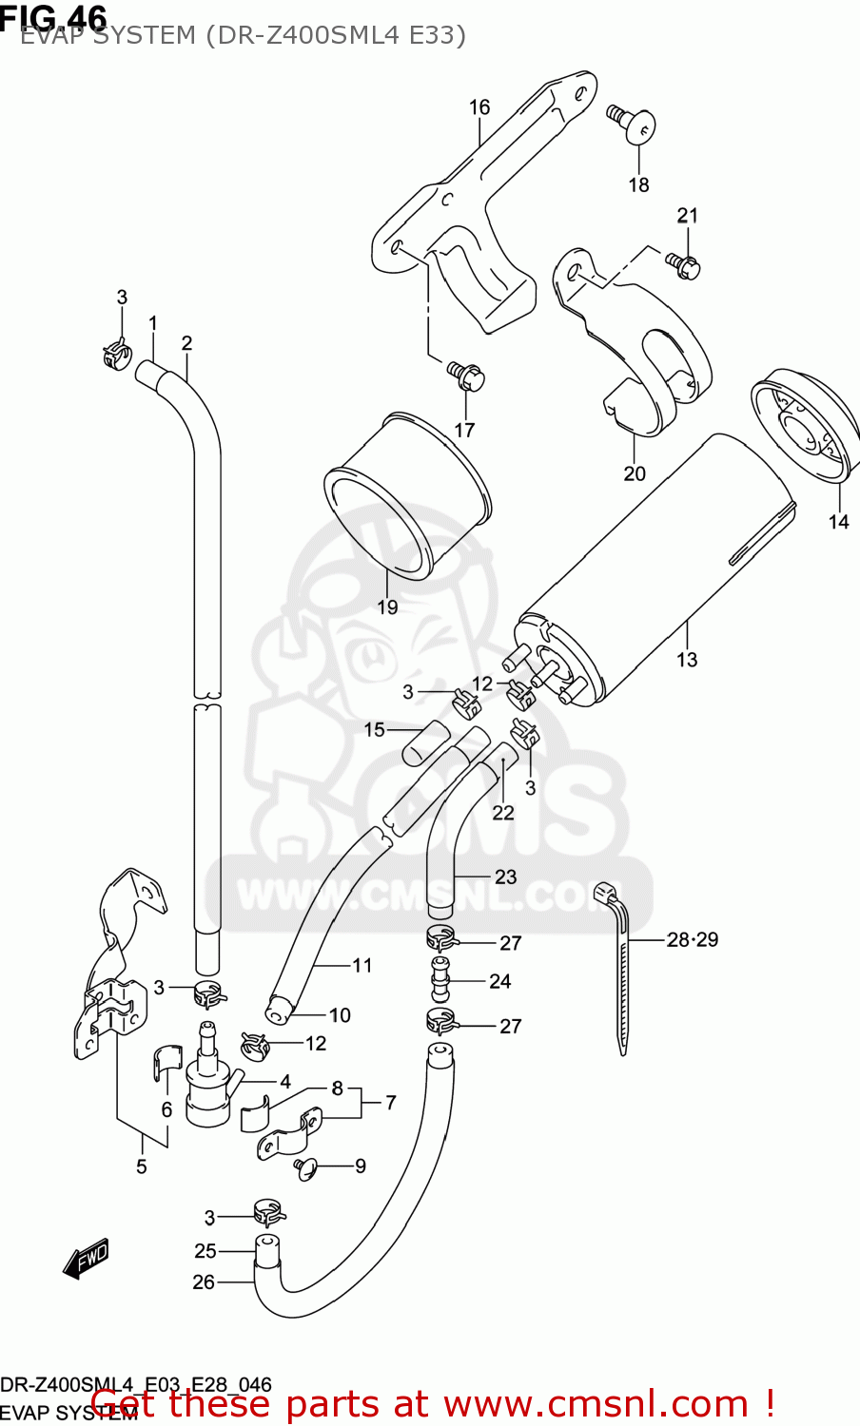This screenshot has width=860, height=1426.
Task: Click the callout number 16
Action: point(479,107)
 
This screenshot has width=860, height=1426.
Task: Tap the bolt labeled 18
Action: point(635,124)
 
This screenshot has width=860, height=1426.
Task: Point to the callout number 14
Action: point(838,521)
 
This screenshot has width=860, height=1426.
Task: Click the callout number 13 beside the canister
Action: point(687,659)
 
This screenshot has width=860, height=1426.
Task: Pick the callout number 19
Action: point(387,607)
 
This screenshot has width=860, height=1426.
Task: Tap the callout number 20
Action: point(635,472)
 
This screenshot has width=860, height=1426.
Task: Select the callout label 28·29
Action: point(692,939)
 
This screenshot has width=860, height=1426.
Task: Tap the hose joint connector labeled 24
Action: point(440,979)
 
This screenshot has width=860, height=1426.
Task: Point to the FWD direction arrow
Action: point(86,1259)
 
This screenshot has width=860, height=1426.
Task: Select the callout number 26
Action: point(204,1281)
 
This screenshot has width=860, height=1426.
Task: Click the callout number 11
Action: point(362,965)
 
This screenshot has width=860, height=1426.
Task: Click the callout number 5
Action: point(141,1166)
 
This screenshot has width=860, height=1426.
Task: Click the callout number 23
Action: point(505,877)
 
